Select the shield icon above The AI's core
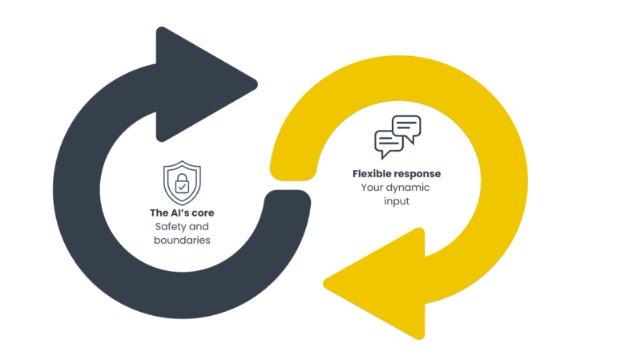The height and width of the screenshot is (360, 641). click(x=182, y=182)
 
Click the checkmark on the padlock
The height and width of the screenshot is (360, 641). click(x=182, y=187)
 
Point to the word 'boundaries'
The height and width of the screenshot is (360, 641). click(x=182, y=240)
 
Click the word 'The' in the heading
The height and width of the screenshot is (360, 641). click(x=159, y=213)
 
